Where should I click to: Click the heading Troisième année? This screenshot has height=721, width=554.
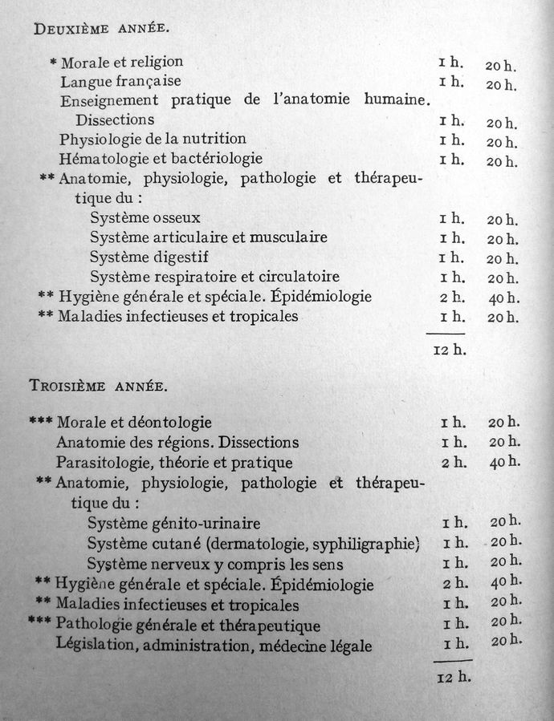coord(98,386)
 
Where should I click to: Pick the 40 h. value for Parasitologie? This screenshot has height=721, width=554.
coord(504,463)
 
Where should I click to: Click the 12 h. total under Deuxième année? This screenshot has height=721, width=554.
coord(450,350)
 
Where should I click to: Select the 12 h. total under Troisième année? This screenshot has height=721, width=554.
coord(454,677)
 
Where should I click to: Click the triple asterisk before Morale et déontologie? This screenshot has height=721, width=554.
coord(40,421)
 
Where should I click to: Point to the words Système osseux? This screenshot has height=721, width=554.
coord(145,217)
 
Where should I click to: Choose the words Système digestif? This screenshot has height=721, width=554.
coord(149,257)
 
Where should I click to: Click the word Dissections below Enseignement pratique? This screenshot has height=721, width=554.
coord(115,120)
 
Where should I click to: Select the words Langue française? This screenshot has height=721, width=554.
coord(120,81)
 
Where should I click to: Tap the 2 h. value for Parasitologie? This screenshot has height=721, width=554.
coord(454,463)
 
